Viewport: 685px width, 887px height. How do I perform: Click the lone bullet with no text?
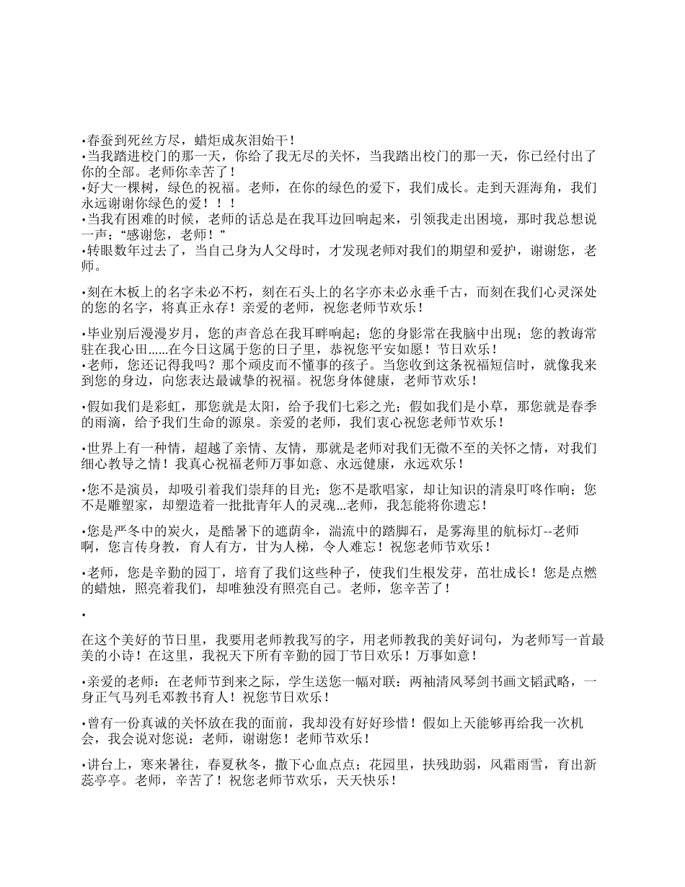click(84, 614)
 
